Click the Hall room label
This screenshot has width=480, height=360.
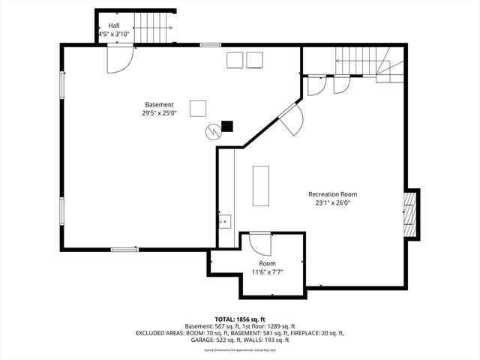[x=113, y=25]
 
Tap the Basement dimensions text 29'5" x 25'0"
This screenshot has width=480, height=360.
[x=159, y=114]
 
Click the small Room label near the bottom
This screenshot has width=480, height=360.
[x=267, y=263]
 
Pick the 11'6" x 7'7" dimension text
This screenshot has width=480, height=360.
[x=267, y=272]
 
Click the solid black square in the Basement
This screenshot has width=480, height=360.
[x=227, y=127]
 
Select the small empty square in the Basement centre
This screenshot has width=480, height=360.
[x=198, y=108]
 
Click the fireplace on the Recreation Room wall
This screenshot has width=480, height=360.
[x=409, y=214]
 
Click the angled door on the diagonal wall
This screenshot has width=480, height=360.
[x=292, y=118]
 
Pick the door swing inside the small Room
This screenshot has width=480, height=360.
[x=259, y=245]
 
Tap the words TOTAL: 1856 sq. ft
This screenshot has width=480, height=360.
[x=239, y=319]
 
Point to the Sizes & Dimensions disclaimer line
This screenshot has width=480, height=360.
[x=240, y=349]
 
